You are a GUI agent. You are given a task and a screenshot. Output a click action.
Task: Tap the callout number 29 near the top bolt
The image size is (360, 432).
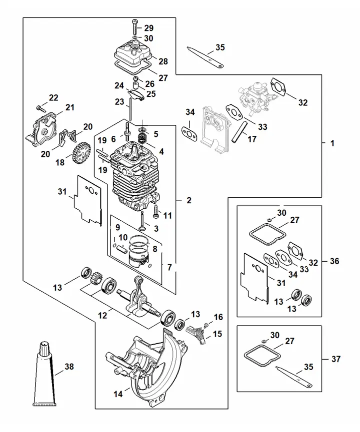148,28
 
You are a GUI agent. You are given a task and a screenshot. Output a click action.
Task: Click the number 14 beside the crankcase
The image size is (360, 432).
118,394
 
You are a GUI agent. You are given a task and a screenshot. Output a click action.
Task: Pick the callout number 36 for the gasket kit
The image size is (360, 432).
334,261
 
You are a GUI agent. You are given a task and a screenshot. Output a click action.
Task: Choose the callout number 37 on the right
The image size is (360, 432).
335,359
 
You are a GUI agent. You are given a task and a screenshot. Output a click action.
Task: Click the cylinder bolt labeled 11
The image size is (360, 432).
156,211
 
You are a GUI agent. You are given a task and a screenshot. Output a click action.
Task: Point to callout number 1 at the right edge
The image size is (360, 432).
332,143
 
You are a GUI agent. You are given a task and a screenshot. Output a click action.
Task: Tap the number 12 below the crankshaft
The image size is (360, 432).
102,316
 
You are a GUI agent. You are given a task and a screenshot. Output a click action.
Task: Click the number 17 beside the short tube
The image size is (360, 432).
252,139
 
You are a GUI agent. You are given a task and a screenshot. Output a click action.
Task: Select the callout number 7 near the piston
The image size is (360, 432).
169,267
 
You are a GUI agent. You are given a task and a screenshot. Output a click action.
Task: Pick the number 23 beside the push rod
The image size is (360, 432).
119,102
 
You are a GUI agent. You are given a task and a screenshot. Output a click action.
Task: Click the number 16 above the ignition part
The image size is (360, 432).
218,317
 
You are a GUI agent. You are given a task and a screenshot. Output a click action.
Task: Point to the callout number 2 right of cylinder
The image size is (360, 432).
188,200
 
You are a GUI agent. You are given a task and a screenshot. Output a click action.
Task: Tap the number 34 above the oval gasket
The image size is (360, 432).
190,112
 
